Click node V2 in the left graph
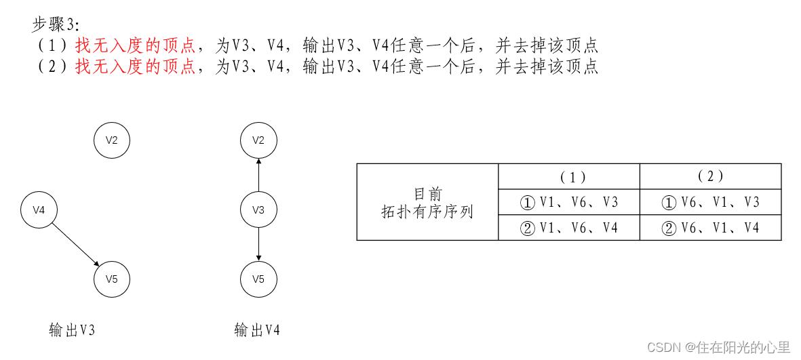pos(112,140)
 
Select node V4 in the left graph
pos(39,210)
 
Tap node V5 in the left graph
pos(112,279)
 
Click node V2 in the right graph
pos(258,140)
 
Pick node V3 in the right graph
pos(258,210)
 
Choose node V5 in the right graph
pos(258,279)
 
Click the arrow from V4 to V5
pos(75,244)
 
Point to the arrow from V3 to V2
pos(258,175)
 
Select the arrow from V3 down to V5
pos(258,245)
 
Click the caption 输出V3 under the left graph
pos(72,331)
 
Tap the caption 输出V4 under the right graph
pos(257,331)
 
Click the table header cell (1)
pos(569,176)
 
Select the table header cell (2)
pos(711,176)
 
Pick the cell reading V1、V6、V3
pos(569,202)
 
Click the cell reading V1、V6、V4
pos(569,227)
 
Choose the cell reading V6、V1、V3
pos(711,202)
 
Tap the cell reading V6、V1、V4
pos(711,227)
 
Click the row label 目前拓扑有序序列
pos(427,202)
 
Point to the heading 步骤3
pos(56,24)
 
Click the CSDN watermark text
pos(719,347)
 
